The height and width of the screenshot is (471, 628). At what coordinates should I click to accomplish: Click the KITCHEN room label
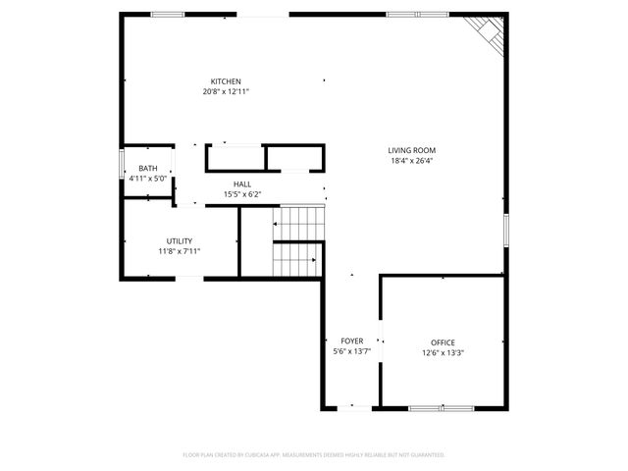(x=226, y=81)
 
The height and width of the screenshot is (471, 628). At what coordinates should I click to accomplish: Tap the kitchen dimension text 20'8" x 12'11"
(x=226, y=91)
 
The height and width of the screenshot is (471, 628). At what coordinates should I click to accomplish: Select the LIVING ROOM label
(x=411, y=150)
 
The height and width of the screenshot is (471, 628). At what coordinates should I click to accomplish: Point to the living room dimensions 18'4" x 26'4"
(x=411, y=161)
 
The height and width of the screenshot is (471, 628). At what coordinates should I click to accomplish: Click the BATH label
(x=147, y=169)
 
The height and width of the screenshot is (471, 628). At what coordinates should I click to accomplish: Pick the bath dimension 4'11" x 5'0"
(x=147, y=179)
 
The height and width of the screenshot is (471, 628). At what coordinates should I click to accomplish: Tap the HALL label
(x=241, y=184)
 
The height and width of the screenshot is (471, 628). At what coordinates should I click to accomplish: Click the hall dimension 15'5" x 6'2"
(x=241, y=194)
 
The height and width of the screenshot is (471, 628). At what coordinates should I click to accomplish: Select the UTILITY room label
(x=179, y=240)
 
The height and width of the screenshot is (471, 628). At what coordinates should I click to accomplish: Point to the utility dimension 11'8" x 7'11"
(x=179, y=251)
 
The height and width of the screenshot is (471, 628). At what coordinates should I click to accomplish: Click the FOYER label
(x=351, y=341)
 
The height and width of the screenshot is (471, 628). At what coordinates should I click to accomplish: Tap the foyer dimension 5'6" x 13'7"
(x=351, y=352)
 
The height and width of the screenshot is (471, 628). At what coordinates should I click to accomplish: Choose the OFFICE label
(x=443, y=342)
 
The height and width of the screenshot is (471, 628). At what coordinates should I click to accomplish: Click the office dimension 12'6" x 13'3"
(x=443, y=353)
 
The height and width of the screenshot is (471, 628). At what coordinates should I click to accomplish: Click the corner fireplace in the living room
(x=488, y=33)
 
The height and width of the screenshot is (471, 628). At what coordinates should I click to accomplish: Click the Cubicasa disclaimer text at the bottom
(x=314, y=454)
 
